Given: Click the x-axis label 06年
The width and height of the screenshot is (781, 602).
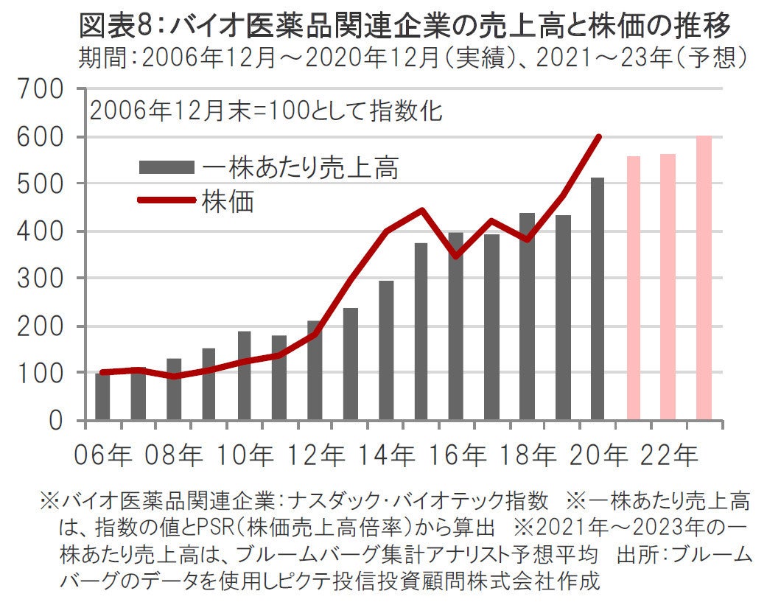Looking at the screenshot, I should pos(102,455).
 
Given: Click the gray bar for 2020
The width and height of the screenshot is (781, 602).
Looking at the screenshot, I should pos(598,298).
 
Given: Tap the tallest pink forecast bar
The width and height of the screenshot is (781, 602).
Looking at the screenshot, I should pos(704,279).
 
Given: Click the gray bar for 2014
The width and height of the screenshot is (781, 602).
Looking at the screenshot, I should pos(386,350).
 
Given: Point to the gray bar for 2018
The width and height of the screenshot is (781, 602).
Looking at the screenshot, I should pos(527,317).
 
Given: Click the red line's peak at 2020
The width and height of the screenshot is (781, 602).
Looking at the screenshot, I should pos(598,136).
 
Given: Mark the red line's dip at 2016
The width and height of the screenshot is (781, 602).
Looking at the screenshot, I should pos(456,256).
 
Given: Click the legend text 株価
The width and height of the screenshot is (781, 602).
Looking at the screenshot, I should pos(228,201).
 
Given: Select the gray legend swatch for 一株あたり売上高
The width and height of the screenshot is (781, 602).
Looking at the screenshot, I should pos(167,167).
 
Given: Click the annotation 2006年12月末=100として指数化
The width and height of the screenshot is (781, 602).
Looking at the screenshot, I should pos(266,111).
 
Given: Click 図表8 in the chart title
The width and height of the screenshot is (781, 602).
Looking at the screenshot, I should pos(117,27).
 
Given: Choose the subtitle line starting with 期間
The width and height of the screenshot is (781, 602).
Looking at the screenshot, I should pos(413,57).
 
